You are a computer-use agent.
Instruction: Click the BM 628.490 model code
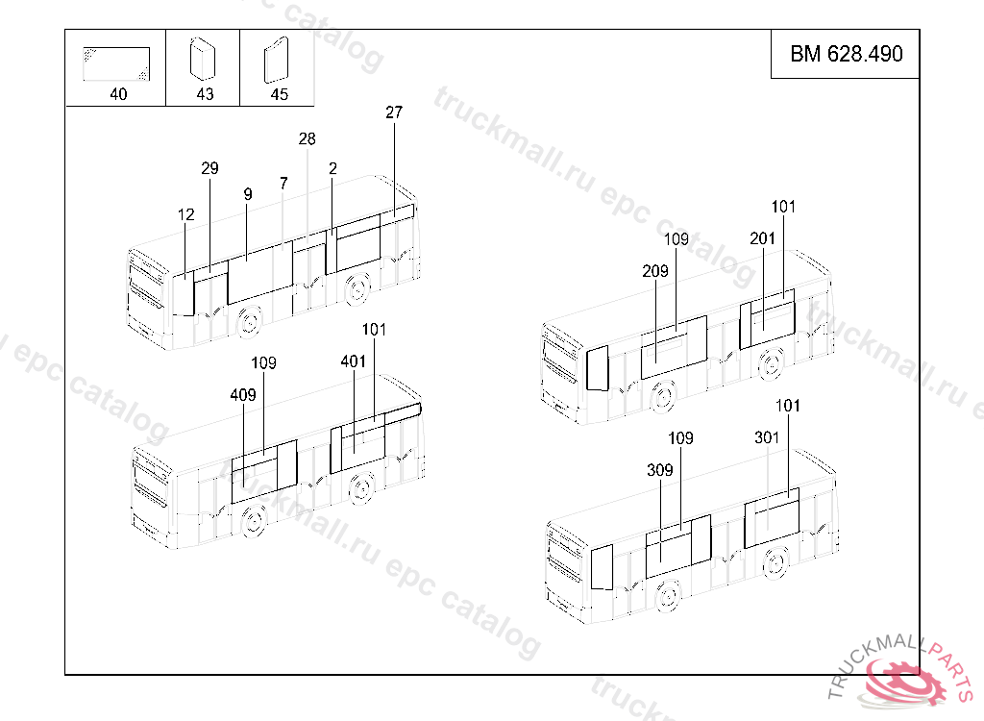[x=846, y=54]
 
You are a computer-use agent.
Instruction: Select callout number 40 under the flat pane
[x=118, y=94]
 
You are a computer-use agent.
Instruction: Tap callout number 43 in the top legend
[x=205, y=94]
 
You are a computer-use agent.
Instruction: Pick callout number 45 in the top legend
[x=279, y=94]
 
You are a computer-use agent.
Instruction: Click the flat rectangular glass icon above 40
[x=116, y=64]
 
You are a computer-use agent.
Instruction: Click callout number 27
[x=393, y=112]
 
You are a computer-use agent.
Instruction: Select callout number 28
[x=307, y=138]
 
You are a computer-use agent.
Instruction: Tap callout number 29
[x=209, y=168]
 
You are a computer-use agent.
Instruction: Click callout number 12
[x=185, y=214]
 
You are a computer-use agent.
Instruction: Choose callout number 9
[x=248, y=195]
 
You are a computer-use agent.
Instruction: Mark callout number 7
[x=283, y=184]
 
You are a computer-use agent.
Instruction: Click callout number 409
[x=243, y=395]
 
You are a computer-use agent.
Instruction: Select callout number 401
[x=353, y=361]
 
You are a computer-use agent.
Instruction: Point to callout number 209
[x=654, y=271]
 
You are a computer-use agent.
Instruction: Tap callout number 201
[x=762, y=238]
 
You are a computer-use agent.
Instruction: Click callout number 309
[x=659, y=470]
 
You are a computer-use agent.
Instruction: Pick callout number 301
[x=767, y=437]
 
